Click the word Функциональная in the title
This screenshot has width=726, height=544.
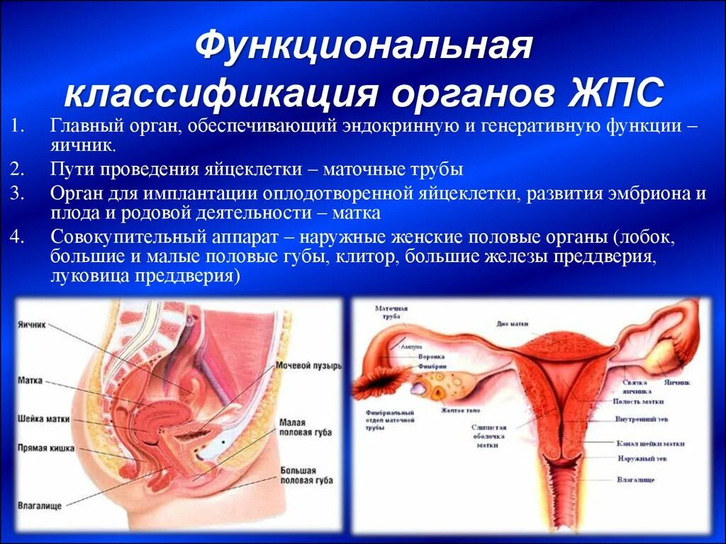pyautogui.click(x=363, y=46)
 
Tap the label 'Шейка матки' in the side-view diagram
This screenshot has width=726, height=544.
pyautogui.click(x=43, y=419)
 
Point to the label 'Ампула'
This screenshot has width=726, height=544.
pyautogui.click(x=411, y=347)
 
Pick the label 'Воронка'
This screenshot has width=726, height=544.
pyautogui.click(x=431, y=357)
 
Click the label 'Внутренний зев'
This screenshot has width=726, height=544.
pyautogui.click(x=643, y=419)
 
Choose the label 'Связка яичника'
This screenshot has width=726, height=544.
pyautogui.click(x=637, y=386)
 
